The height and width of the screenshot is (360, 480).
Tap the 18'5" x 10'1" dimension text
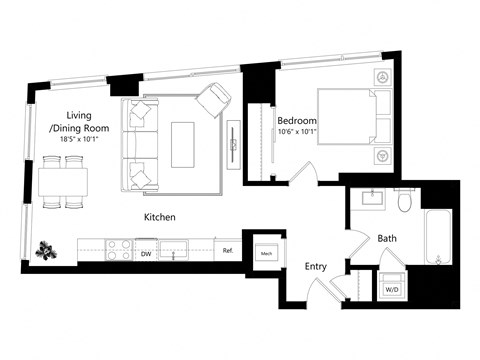coord(78,139)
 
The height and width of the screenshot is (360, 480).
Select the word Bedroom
coord(297,122)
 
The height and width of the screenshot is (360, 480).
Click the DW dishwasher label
coord(146,254)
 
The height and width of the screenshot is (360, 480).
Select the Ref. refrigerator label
coord(228,251)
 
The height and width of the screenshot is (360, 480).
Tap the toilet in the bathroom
coord(403,203)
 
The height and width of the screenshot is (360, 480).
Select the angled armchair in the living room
coord(213,101)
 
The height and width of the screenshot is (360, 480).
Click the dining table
coord(63,182)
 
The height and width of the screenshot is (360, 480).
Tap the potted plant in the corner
coord(44,247)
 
